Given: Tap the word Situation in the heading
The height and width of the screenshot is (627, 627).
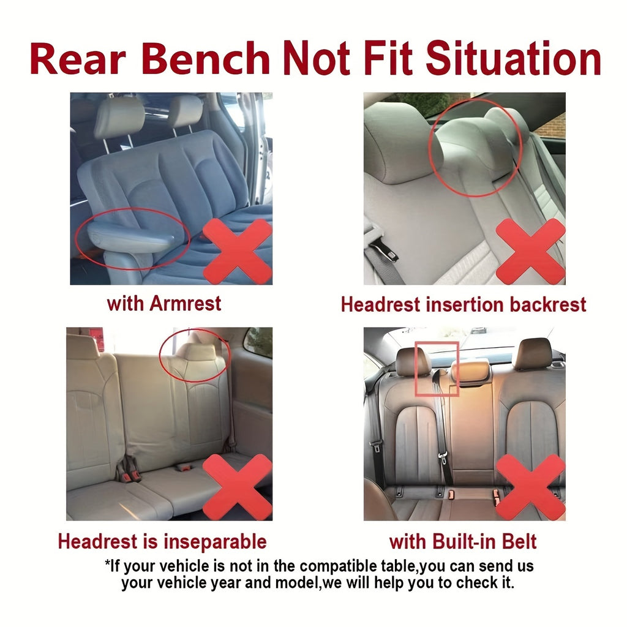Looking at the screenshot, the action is pyautogui.click(x=514, y=58).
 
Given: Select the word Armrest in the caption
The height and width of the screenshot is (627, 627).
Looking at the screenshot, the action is pyautogui.click(x=185, y=304).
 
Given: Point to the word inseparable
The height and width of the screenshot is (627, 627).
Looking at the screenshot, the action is pyautogui.click(x=215, y=542).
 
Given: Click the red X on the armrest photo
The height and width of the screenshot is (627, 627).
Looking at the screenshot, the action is pyautogui.click(x=238, y=251).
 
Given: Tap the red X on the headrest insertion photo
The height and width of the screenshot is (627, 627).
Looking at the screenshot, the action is pyautogui.click(x=531, y=251).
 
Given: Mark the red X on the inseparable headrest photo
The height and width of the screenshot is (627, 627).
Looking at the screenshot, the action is pyautogui.click(x=238, y=487).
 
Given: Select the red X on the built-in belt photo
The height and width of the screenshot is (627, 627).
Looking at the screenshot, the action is pyautogui.click(x=531, y=487).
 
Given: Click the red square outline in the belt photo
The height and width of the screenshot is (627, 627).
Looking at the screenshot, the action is pyautogui.click(x=416, y=369).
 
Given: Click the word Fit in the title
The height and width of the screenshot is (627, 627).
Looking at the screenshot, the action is pyautogui.click(x=388, y=58).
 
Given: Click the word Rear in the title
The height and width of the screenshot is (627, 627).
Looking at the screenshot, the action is pyautogui.click(x=78, y=58).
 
